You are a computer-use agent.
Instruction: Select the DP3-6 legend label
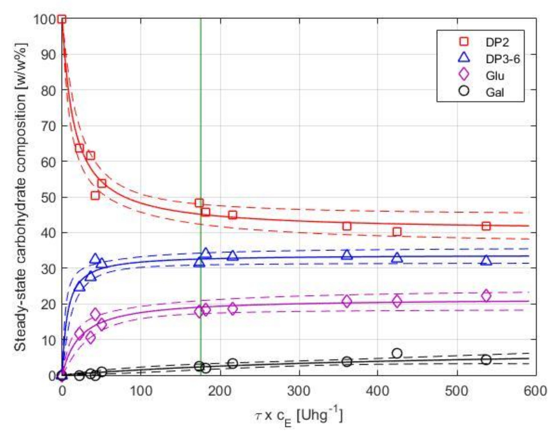tap(502, 59)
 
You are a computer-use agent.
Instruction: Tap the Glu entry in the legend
tap(495, 76)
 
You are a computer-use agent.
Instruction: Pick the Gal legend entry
tap(494, 92)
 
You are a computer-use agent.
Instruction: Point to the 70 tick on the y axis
tap(49, 126)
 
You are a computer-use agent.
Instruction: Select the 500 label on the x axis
tap(457, 391)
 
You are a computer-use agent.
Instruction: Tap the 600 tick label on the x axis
tap(535, 391)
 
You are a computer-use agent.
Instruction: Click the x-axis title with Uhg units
tap(299, 415)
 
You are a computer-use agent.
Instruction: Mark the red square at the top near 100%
tap(62, 19)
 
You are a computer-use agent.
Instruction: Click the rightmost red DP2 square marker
tap(486, 226)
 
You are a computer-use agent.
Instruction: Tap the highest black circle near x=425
tap(397, 353)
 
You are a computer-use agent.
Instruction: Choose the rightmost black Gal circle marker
tap(486, 360)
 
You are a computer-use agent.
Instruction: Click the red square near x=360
tap(347, 226)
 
